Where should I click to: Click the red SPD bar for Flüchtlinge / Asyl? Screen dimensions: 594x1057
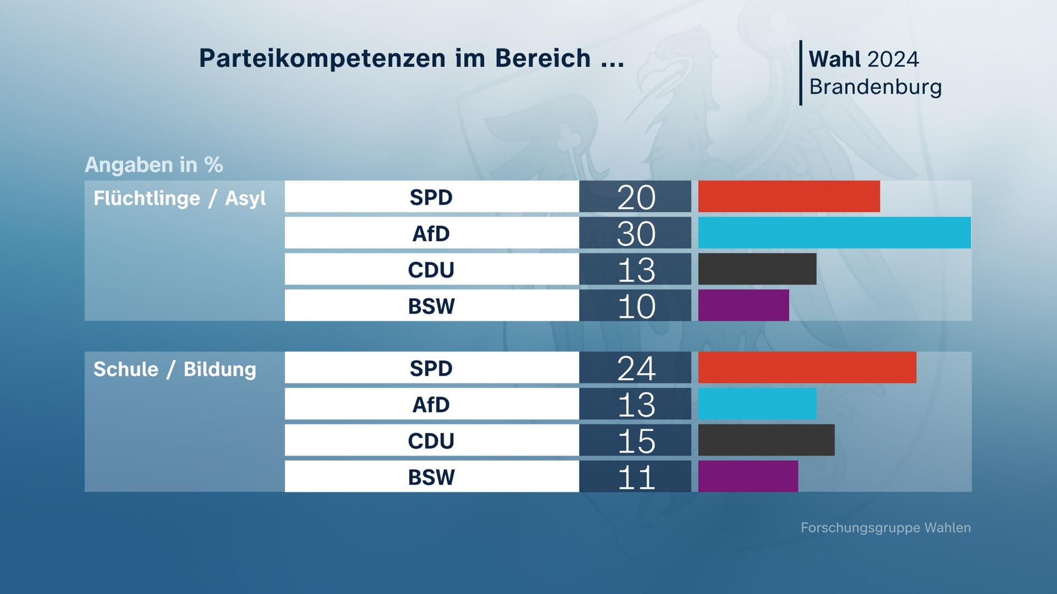788,196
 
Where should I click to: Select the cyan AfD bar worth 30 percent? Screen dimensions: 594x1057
834,233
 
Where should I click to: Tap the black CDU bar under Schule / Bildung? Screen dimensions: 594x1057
766,440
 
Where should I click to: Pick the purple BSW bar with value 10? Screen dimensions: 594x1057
743,305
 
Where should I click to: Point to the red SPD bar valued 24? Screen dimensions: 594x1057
807,367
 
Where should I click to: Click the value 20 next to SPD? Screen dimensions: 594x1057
636,197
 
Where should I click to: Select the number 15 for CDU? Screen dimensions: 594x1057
636,441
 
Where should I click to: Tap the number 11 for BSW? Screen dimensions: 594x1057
636,477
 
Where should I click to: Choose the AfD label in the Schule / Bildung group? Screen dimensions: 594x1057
431,404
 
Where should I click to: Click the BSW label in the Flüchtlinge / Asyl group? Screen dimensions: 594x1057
431,306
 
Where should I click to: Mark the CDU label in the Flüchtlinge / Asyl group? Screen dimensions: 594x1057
431,269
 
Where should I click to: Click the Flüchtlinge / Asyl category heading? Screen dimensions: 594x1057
179,198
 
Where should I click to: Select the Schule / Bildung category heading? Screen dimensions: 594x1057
175,369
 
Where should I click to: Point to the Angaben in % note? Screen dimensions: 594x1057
154,164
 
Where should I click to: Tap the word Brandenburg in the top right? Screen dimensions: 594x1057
875,87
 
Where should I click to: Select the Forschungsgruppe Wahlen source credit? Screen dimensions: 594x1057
885,527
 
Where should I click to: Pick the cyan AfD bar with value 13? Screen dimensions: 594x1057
757,404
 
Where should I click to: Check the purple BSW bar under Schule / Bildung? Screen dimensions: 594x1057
748,476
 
